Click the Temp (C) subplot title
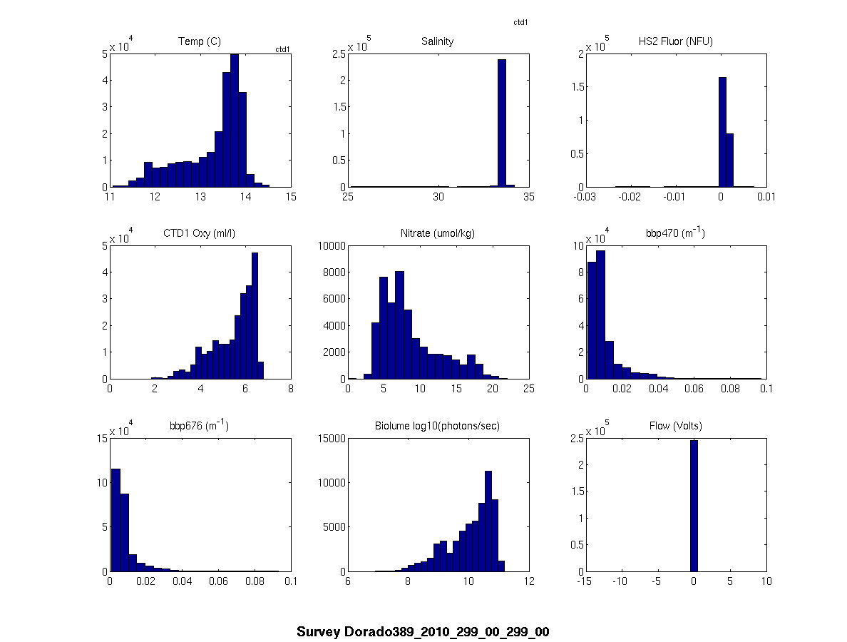pyautogui.click(x=199, y=41)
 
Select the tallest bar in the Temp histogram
pyautogui.click(x=234, y=121)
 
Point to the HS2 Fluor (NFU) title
pyautogui.click(x=675, y=41)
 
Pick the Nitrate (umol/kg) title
pyautogui.click(x=437, y=234)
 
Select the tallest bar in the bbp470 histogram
pyautogui.click(x=600, y=315)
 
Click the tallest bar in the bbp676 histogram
pyautogui.click(x=115, y=520)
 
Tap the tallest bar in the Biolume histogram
pyautogui.click(x=488, y=521)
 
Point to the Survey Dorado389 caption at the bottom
pyautogui.click(x=423, y=632)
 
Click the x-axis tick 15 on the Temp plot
pyautogui.click(x=290, y=197)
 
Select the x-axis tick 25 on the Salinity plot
pyautogui.click(x=348, y=197)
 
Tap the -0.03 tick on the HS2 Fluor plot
pyautogui.click(x=585, y=197)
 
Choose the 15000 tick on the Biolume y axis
pyautogui.click(x=330, y=438)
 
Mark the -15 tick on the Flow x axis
pyautogui.click(x=585, y=581)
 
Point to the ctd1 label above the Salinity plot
pyautogui.click(x=520, y=23)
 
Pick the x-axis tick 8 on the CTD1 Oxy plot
pyautogui.click(x=290, y=389)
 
